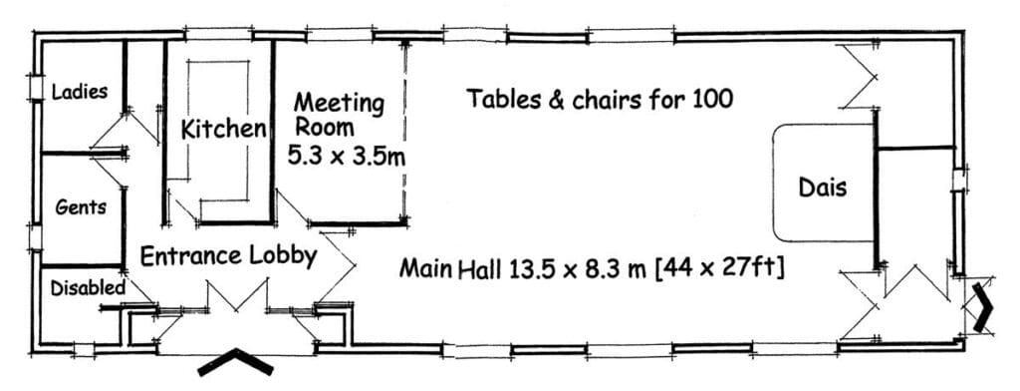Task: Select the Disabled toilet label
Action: tap(88, 287)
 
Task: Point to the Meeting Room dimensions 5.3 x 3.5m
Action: tap(350, 156)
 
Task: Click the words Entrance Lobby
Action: tap(228, 255)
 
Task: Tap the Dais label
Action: tap(823, 187)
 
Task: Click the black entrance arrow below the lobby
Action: tap(235, 362)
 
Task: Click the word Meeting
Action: tap(339, 102)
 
